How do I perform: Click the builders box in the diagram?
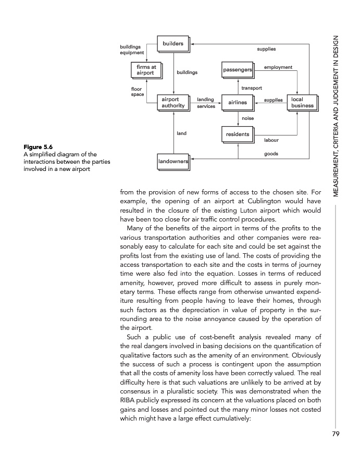click(x=173, y=44)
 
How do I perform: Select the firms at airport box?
click(x=146, y=70)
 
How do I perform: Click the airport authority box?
click(x=173, y=102)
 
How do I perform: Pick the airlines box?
click(x=237, y=103)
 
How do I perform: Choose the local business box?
click(x=302, y=102)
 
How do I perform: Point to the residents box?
click(x=237, y=134)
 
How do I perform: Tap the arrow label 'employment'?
click(x=278, y=67)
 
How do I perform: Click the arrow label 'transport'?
click(x=252, y=88)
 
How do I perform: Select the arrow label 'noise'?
click(x=248, y=118)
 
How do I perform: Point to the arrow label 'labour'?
click(x=271, y=140)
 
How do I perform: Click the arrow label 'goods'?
click(x=271, y=154)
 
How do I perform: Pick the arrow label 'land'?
click(x=181, y=133)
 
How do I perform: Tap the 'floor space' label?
click(x=138, y=92)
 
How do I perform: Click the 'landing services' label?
click(x=206, y=102)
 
